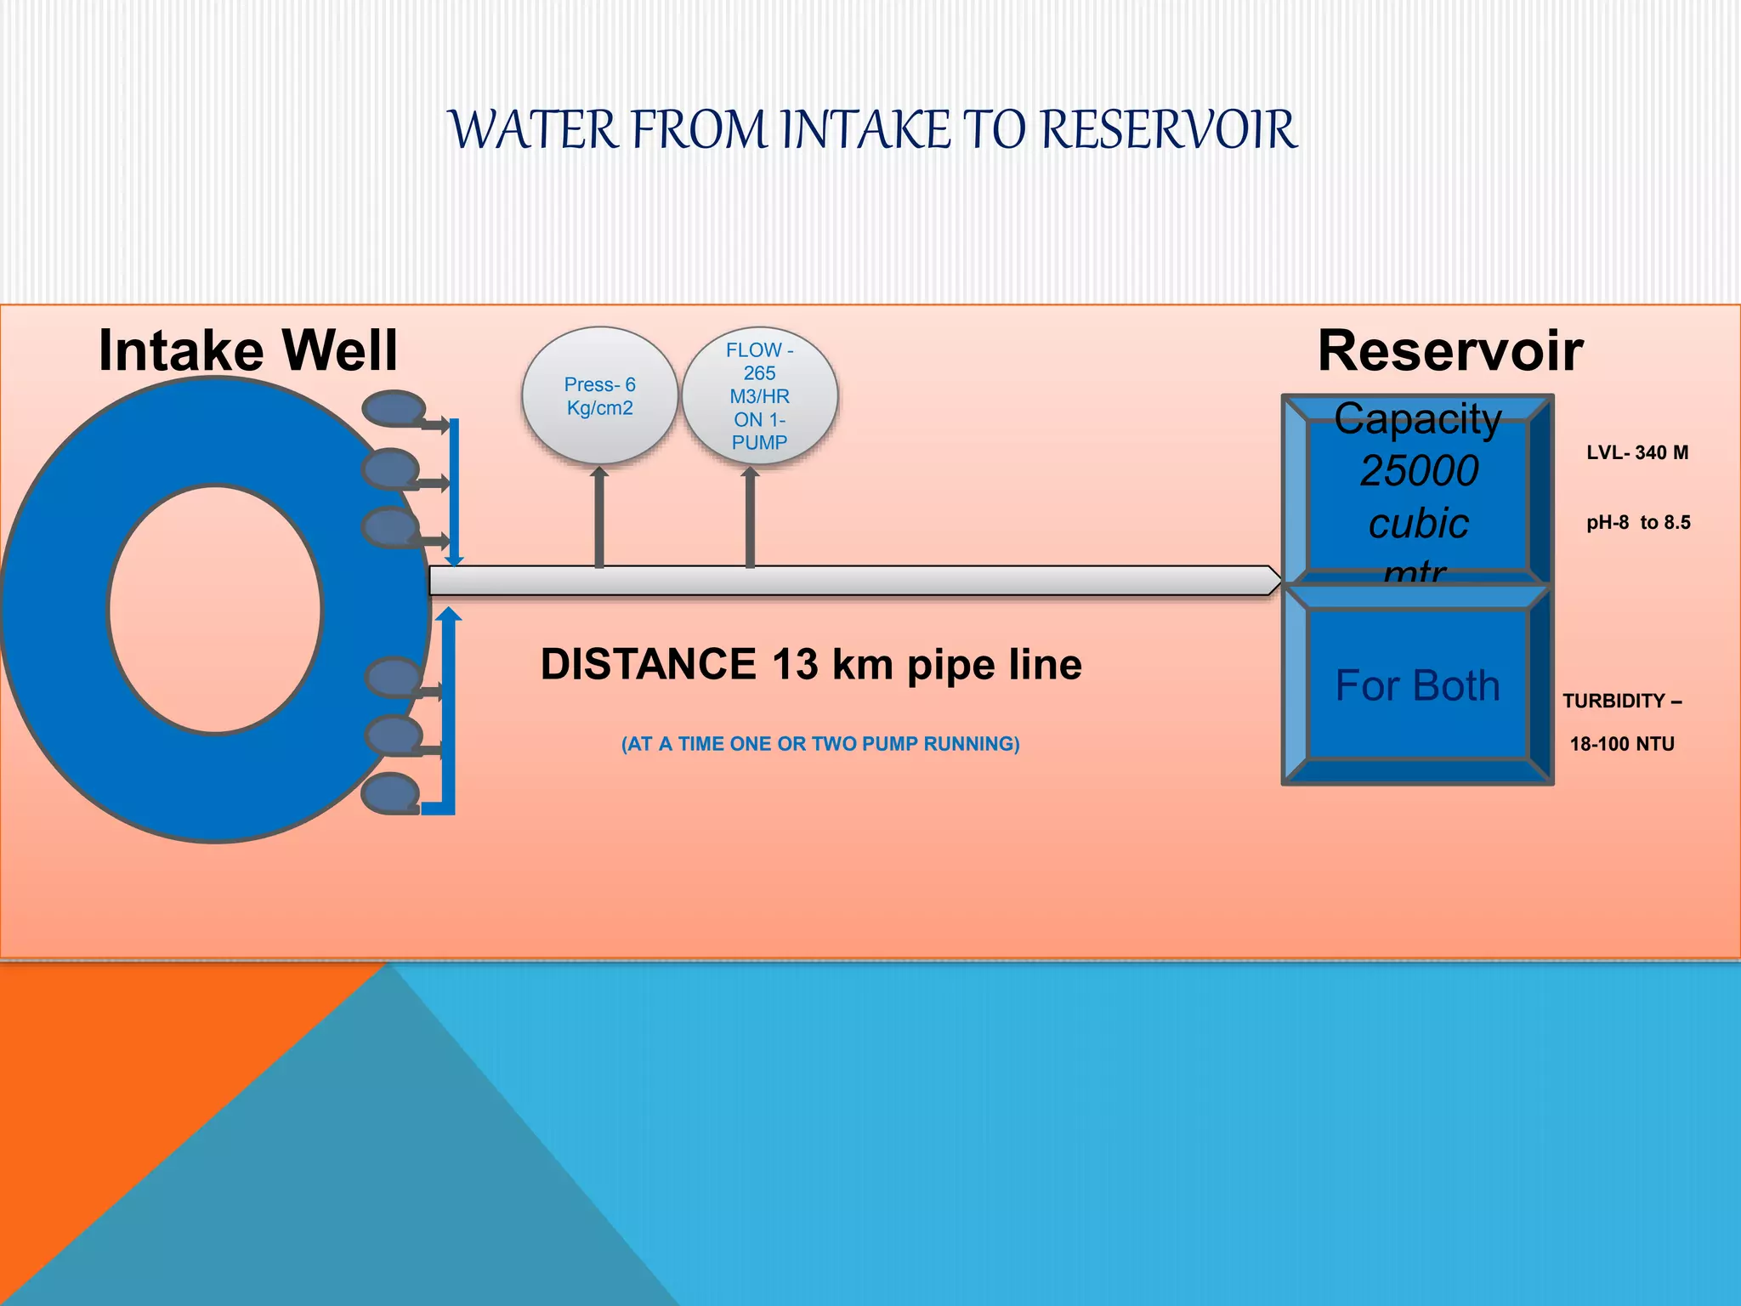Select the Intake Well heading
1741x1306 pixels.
tap(247, 350)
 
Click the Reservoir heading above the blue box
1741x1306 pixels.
tap(1450, 350)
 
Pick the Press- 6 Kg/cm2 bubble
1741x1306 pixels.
tap(599, 396)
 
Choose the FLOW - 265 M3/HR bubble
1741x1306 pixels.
tap(759, 396)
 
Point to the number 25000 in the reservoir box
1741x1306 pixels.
tap(1419, 471)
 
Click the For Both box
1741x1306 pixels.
tap(1417, 685)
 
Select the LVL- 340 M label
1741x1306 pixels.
tap(1636, 452)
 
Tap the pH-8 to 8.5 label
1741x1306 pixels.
tap(1637, 522)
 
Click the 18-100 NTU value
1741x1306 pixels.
tap(1621, 744)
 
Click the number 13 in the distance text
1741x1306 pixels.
tap(794, 664)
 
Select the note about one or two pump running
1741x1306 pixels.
tap(819, 744)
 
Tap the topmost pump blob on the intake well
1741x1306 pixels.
tap(393, 408)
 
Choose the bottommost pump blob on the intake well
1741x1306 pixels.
tap(390, 793)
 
